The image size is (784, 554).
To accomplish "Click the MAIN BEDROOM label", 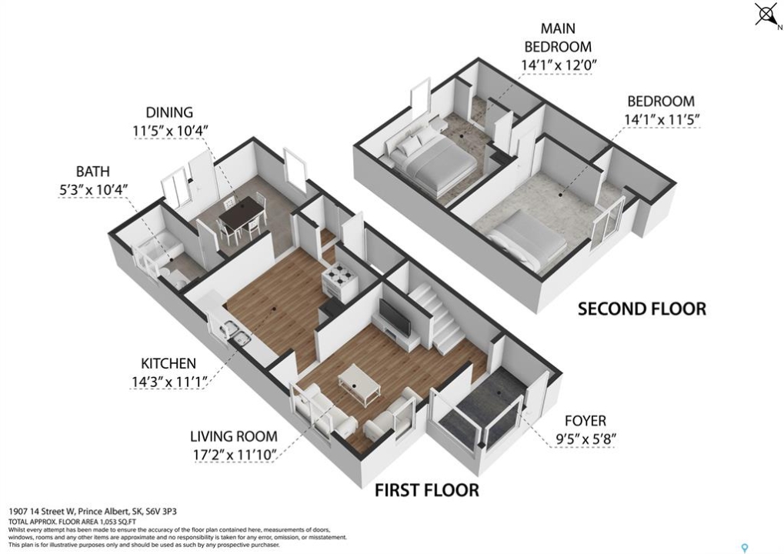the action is (558, 38).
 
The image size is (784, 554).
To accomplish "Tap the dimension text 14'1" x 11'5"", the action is (661, 120).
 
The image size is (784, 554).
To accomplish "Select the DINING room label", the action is (169, 112).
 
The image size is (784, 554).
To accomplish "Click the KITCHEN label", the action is (168, 363).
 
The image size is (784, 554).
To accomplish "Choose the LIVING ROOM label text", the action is (233, 436).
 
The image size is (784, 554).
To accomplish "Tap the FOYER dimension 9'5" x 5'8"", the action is (585, 439).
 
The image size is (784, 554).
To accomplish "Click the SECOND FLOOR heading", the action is (642, 309).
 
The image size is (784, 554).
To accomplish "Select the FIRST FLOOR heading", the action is (427, 490).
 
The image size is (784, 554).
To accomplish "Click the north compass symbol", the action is (766, 15).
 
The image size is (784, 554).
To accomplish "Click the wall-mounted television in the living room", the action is (395, 317).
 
